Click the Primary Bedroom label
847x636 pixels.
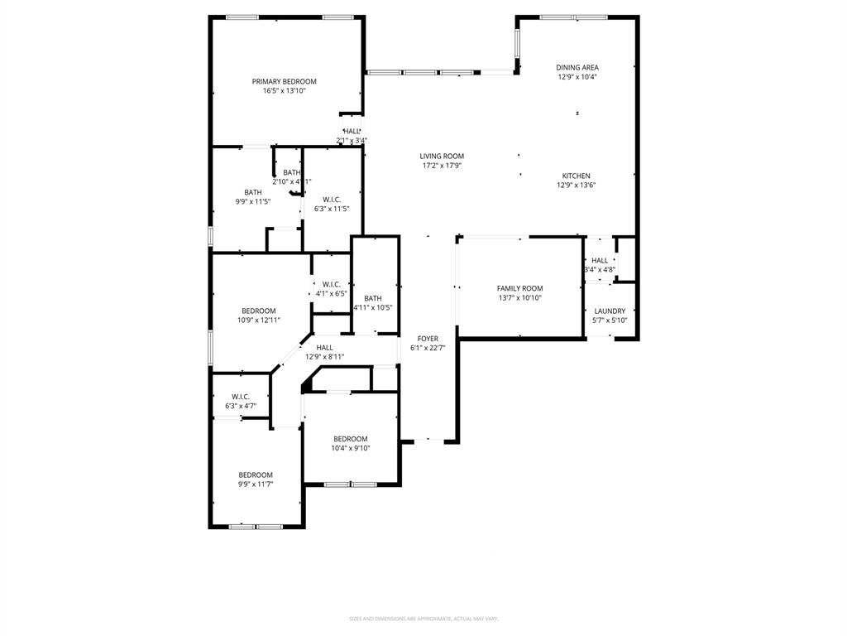[284, 81]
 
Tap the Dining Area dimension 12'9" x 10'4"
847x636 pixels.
[577, 77]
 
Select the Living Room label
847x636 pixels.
[441, 156]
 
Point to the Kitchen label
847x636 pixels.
[576, 176]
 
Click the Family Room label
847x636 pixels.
[519, 288]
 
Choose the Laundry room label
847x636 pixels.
[610, 311]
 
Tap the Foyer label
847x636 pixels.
[428, 339]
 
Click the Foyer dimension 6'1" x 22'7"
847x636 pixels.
[428, 348]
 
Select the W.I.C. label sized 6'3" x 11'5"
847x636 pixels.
[332, 199]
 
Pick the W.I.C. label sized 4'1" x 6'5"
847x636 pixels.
[331, 284]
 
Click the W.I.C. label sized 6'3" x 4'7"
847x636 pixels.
[241, 397]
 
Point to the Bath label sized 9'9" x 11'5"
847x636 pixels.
[252, 192]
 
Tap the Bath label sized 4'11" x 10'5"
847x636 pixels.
[372, 298]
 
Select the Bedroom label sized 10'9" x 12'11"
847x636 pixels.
[258, 311]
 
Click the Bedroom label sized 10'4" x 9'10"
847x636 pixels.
[351, 439]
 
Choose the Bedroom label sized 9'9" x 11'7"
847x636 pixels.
[256, 475]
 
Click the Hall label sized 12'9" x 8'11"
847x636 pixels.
[324, 348]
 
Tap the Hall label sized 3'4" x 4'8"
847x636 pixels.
[600, 260]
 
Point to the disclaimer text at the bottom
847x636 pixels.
[423, 619]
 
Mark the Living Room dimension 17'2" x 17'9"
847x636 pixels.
[441, 166]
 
